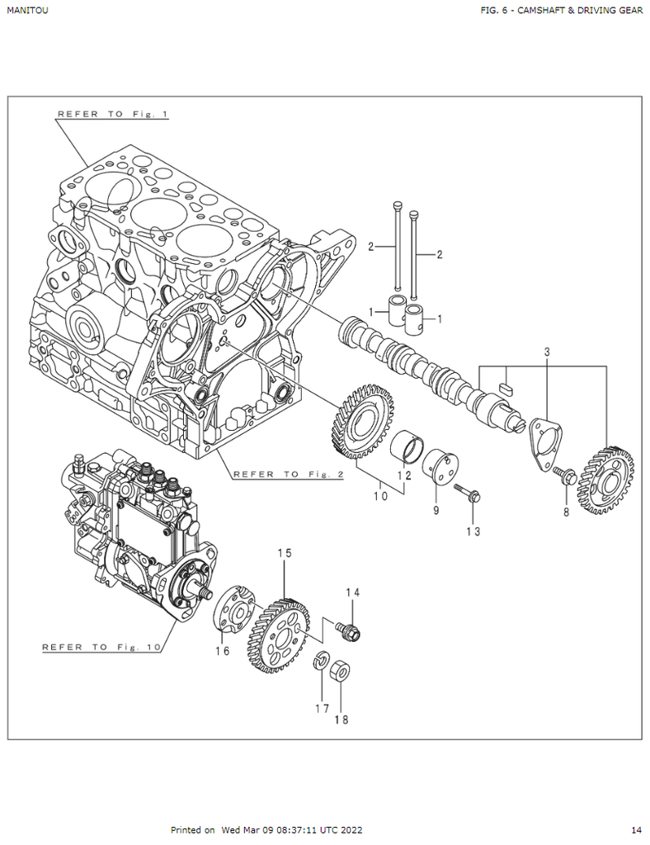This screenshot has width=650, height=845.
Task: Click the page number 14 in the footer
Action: [636, 829]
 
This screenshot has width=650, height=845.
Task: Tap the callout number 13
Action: [473, 532]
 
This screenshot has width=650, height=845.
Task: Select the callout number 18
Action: [341, 720]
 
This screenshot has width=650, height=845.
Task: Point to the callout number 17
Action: [321, 708]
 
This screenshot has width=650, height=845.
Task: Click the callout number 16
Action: [223, 651]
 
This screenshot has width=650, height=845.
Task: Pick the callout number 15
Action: [285, 553]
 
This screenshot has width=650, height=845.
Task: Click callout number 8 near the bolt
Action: [567, 512]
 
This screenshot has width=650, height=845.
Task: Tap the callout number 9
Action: [436, 511]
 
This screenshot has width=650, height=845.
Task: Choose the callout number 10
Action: [380, 496]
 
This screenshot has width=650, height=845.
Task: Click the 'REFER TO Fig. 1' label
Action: [111, 114]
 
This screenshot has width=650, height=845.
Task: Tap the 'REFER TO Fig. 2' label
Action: [288, 474]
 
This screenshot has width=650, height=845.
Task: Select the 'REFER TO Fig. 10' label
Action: [101, 647]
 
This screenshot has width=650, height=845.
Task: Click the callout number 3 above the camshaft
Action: [546, 352]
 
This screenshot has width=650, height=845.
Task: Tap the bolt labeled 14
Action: [350, 631]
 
